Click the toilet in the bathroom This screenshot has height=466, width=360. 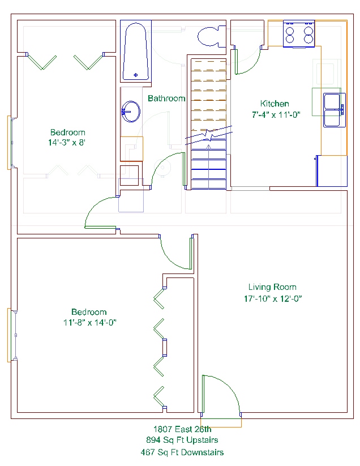point(212,37)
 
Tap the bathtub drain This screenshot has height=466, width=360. point(136,75)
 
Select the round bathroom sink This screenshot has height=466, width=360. point(131,112)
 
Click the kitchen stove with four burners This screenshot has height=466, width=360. point(299,34)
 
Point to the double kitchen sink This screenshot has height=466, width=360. point(335,110)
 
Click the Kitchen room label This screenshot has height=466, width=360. point(275,104)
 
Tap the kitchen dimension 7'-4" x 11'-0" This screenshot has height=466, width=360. point(276,115)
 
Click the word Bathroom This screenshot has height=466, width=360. point(166,99)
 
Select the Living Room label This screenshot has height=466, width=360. point(272,287)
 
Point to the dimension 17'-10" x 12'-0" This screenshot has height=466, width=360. point(273,298)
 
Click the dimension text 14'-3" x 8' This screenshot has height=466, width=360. point(67,143)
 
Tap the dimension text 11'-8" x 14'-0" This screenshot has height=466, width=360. point(89,322)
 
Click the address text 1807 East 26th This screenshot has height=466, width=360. point(182,429)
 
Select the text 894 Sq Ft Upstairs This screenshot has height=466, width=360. point(182,440)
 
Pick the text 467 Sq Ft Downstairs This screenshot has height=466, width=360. point(182,452)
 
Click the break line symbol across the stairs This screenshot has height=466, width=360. point(209,135)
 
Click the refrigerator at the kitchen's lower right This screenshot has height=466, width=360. point(332,171)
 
